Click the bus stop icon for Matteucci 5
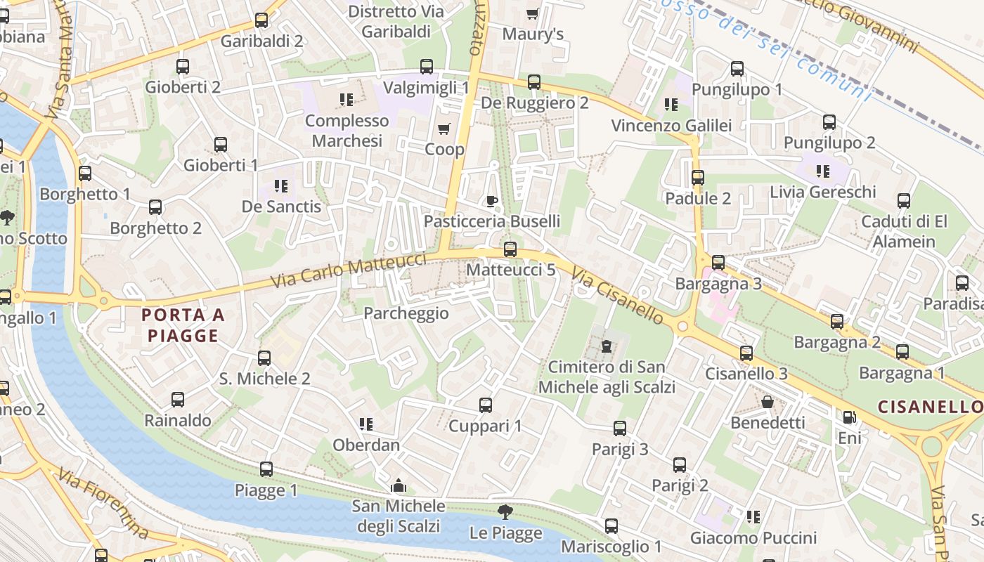point(510,249)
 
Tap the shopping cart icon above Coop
point(444,129)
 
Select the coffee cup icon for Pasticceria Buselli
point(492,202)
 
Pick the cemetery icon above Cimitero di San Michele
point(606,346)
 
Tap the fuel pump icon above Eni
point(849,417)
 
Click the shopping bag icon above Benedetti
point(768,402)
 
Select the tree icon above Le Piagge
point(505,512)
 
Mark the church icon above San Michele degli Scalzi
point(399,485)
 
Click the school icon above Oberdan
point(365,424)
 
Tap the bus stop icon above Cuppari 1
point(485,405)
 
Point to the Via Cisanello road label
point(617,295)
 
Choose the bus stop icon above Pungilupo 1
point(737,69)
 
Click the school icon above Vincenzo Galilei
point(671,105)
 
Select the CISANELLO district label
point(930,407)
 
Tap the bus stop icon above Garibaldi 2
point(261,20)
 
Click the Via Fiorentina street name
point(103,504)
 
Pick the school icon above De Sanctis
point(281,186)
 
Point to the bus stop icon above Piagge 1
point(266,469)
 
